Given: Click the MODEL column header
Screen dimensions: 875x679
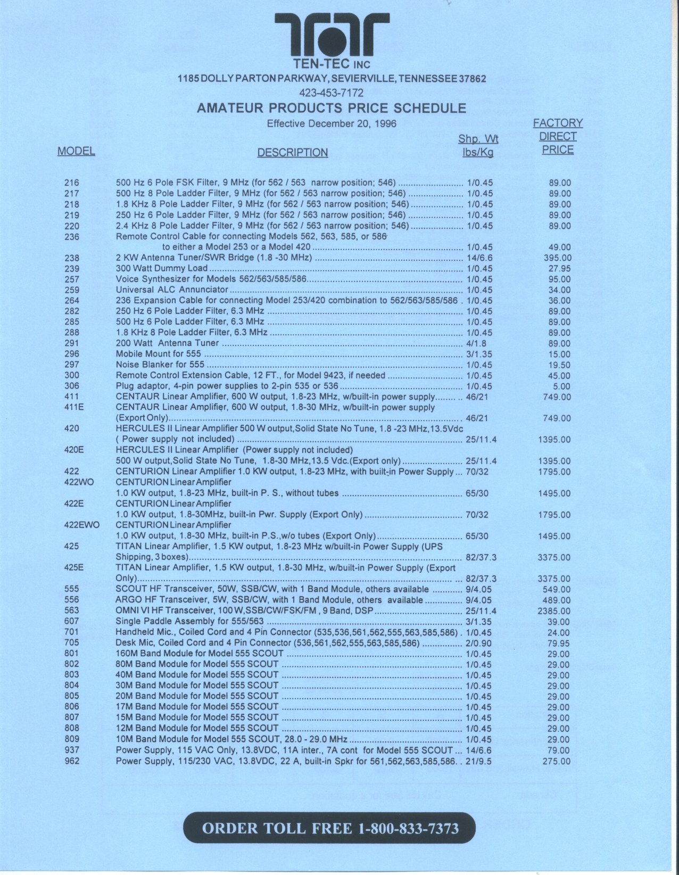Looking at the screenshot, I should (x=76, y=151).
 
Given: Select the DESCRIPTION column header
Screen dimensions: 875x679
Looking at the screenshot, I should (x=292, y=153).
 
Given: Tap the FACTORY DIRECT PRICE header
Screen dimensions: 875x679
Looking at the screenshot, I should (x=558, y=136).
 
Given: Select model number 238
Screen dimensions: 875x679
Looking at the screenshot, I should (x=72, y=258).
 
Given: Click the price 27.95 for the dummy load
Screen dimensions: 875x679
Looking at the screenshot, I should (x=559, y=269).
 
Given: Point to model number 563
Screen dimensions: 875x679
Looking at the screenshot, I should (x=72, y=610).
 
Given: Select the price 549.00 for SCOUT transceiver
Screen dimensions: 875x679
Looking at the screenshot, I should (x=557, y=590).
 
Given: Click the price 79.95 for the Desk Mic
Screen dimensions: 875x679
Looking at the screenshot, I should (x=559, y=643).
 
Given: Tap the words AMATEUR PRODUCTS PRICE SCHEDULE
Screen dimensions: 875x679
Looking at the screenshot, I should (x=332, y=109).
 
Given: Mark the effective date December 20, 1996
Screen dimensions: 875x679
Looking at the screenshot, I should (x=332, y=124).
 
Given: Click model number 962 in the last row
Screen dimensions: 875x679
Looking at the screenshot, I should (x=72, y=761).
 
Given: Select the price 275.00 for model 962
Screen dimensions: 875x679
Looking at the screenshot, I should (x=557, y=761).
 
